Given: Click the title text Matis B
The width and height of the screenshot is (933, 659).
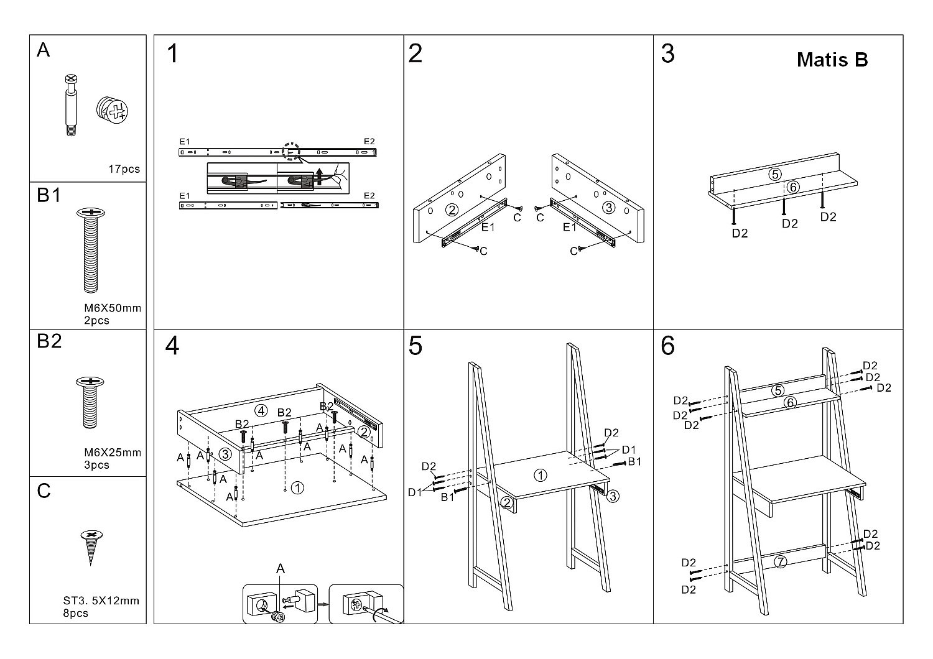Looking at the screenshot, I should click(x=832, y=60).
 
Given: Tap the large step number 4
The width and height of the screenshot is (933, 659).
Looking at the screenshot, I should click(x=172, y=346).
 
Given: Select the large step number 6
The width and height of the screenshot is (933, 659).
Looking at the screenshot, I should click(x=667, y=346).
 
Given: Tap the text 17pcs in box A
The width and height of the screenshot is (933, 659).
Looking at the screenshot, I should click(x=124, y=169).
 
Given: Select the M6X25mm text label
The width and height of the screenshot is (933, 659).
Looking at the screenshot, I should click(x=113, y=453).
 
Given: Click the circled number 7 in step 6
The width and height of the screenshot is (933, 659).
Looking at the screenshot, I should click(x=781, y=562).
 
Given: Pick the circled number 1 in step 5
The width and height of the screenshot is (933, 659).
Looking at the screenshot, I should click(x=541, y=476).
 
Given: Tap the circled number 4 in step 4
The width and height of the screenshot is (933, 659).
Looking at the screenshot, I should click(x=261, y=411).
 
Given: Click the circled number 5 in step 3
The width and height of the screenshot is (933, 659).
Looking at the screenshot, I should click(x=775, y=174).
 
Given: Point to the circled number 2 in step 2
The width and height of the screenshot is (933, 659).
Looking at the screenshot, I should click(x=452, y=210).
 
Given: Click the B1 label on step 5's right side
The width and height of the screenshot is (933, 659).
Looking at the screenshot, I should click(x=634, y=461).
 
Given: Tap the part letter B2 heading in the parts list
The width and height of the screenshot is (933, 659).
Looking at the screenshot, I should click(x=49, y=341).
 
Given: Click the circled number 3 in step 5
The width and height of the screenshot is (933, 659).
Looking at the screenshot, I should click(x=613, y=496).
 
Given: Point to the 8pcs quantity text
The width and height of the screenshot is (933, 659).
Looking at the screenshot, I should click(x=75, y=613).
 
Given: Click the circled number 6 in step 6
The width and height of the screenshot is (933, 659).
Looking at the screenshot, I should click(x=790, y=403).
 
